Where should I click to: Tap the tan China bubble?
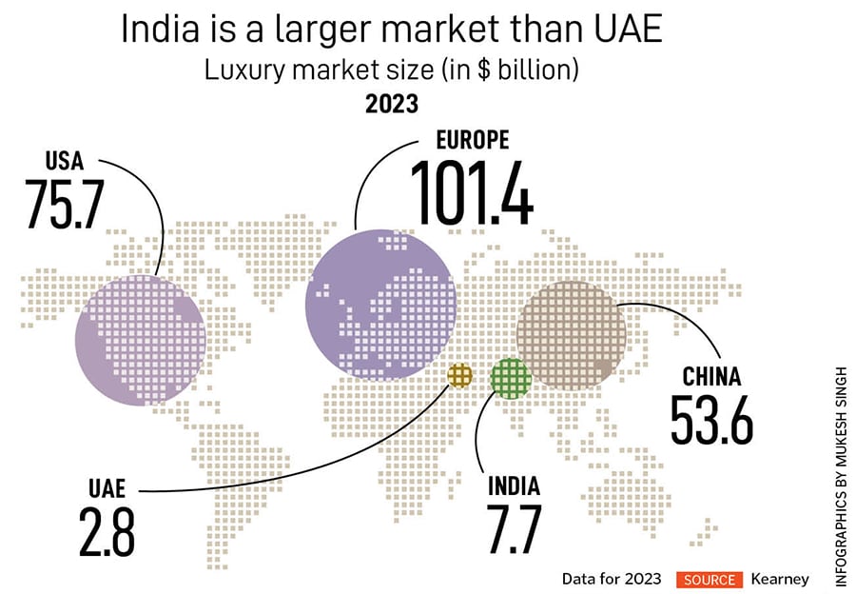[571, 333]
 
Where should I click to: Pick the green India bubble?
[511, 378]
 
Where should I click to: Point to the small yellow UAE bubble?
[459, 375]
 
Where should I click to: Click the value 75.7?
[65, 203]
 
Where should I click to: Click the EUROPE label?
[472, 141]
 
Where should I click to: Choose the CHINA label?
[711, 377]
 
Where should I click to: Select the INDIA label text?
[515, 485]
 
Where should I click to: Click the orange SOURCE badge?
[708, 579]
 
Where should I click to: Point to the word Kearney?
[780, 579]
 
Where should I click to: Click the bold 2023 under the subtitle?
[391, 104]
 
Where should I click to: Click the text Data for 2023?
[611, 579]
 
